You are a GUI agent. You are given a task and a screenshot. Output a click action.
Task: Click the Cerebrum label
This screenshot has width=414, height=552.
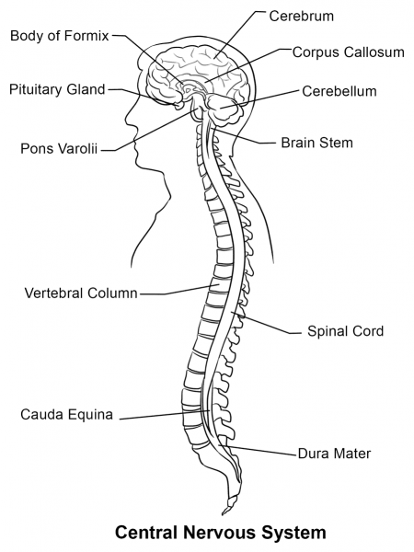tap(301, 17)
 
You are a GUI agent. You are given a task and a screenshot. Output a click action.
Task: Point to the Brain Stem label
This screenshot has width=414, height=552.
tap(316, 143)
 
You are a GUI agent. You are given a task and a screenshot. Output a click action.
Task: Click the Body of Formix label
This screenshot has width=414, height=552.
tap(60, 36)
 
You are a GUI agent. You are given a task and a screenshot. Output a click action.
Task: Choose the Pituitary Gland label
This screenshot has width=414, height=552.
tap(57, 89)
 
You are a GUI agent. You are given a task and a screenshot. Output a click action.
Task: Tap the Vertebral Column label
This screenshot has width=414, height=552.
tap(81, 293)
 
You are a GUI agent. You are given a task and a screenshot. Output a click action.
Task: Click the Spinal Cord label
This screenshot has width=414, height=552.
tap(345, 330)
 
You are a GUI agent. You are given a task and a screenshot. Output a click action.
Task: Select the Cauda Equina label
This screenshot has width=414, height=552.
tap(66, 414)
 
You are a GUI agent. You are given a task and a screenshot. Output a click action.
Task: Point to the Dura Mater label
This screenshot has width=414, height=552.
tap(335, 454)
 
